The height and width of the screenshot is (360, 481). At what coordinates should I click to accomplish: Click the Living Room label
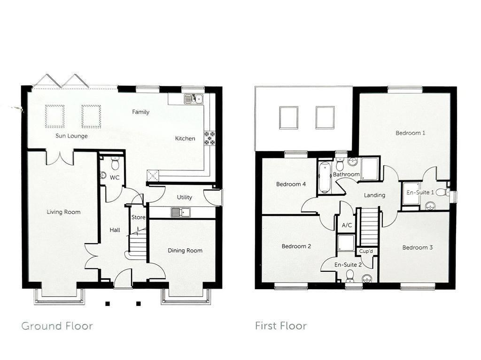(x=63, y=212)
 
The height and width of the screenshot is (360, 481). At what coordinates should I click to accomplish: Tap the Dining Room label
(x=185, y=251)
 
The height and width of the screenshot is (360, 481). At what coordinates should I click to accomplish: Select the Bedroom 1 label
(x=410, y=133)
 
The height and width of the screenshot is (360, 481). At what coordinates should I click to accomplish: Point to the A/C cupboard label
(x=347, y=225)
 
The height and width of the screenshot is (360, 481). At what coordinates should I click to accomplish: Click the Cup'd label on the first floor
(x=366, y=251)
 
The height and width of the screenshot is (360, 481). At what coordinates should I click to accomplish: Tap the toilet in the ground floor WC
(x=115, y=163)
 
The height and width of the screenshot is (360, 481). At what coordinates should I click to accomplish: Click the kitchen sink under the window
(x=193, y=99)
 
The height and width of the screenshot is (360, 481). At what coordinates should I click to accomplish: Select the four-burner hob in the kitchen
(x=210, y=138)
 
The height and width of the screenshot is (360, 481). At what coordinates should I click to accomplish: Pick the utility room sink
(x=180, y=212)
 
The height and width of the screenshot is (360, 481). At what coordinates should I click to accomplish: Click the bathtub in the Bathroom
(x=324, y=177)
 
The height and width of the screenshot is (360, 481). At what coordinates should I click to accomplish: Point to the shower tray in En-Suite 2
(x=346, y=243)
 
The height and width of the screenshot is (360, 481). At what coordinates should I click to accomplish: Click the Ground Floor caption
(x=57, y=326)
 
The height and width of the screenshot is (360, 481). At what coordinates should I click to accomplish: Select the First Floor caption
(x=281, y=326)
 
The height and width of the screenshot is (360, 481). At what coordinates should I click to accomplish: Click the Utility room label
(x=184, y=197)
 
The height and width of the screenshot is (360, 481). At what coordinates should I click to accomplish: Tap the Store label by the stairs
(x=138, y=217)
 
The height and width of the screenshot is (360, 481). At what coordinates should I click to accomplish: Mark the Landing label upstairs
(x=374, y=195)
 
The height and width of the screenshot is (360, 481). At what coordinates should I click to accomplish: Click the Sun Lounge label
(x=71, y=136)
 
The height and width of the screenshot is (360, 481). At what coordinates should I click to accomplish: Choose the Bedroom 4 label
(x=291, y=184)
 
